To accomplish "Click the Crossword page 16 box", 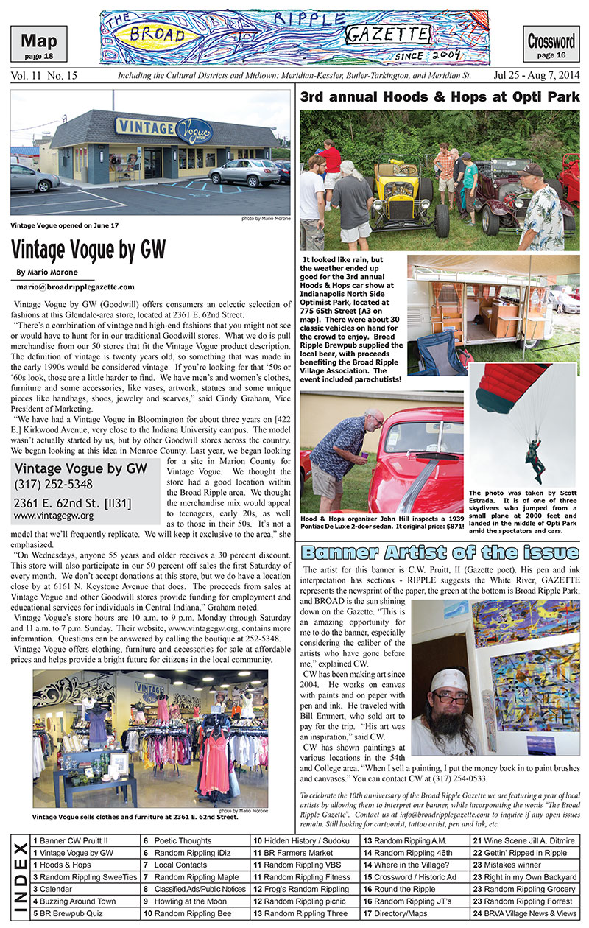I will click(x=551, y=43).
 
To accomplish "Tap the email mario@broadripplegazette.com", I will click(x=75, y=287).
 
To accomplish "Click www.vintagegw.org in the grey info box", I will click(x=43, y=516).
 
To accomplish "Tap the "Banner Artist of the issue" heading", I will click(x=440, y=553).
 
